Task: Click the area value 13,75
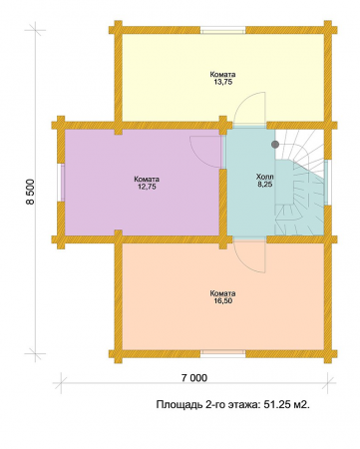222,82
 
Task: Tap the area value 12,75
147,187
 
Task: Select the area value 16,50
222,301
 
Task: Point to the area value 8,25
265,184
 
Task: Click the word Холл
265,177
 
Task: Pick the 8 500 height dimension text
31,192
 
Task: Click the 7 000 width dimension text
194,378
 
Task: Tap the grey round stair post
275,145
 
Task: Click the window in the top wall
222,31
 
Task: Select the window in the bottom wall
222,353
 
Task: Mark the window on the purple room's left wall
61,183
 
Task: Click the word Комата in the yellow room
222,75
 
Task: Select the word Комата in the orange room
222,293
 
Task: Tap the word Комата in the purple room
147,180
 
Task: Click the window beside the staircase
327,183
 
